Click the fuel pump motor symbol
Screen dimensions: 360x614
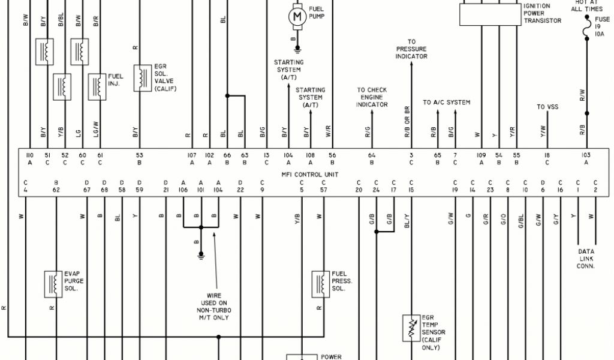coord(298,17)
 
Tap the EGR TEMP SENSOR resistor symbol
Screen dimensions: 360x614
coord(412,327)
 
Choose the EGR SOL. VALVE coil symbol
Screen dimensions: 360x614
coord(142,78)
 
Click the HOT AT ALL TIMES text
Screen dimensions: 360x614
coord(586,6)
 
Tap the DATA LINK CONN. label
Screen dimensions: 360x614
coord(586,259)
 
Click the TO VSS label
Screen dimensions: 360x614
coord(547,107)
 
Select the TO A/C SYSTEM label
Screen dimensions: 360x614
coord(446,103)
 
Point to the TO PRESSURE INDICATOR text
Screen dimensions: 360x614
coord(411,49)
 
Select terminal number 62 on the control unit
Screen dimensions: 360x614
coord(56,190)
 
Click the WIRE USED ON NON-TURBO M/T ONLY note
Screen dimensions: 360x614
coord(214,306)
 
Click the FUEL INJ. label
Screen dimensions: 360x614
coord(115,80)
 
